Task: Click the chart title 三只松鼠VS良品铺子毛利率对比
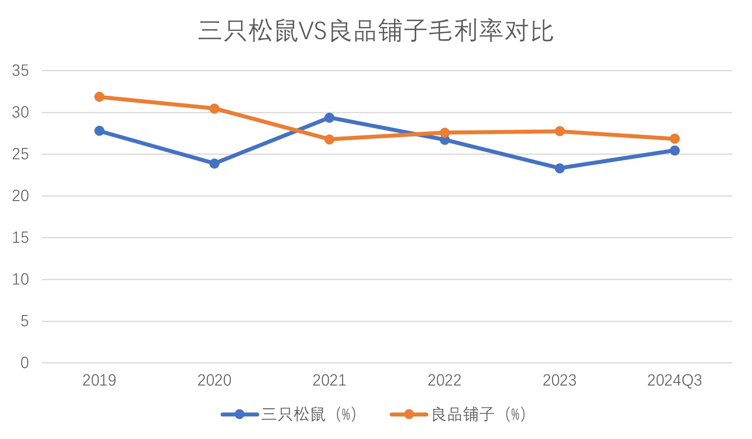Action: [375, 31]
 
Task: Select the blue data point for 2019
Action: [99, 131]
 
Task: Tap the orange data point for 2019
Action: [99, 97]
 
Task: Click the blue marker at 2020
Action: [214, 164]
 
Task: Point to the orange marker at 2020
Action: [214, 109]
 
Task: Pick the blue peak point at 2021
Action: [329, 117]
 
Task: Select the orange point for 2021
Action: [329, 139]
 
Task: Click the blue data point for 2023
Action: [560, 168]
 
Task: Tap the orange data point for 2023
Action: [560, 131]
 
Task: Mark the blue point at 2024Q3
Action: [675, 151]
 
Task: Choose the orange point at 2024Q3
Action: [675, 139]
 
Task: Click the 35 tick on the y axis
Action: [21, 71]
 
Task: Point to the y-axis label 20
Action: [21, 196]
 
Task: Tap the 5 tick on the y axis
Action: [25, 321]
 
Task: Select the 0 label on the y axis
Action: [25, 363]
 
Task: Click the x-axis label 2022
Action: [444, 380]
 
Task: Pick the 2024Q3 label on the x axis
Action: [675, 380]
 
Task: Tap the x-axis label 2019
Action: [99, 380]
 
